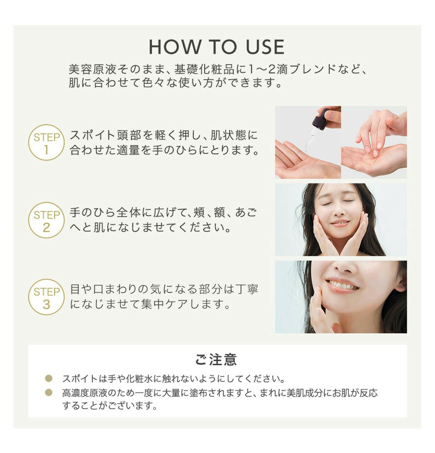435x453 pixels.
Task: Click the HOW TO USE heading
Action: pyautogui.click(x=216, y=47)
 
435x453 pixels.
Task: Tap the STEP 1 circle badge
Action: pyautogui.click(x=46, y=142)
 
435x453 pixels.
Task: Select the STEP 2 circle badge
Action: pyautogui.click(x=46, y=220)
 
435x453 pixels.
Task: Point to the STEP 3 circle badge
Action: pyautogui.click(x=46, y=297)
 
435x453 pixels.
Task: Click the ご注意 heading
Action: pyautogui.click(x=216, y=359)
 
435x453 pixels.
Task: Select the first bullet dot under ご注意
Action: pyautogui.click(x=49, y=378)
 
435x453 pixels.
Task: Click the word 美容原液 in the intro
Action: pyautogui.click(x=92, y=69)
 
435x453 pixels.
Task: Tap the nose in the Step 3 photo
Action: pyautogui.click(x=345, y=268)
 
